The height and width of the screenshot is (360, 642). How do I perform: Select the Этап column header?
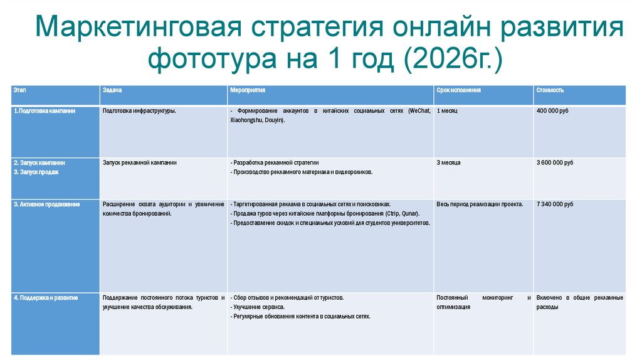tap(19, 90)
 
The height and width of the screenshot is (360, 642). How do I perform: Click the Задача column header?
tap(113, 90)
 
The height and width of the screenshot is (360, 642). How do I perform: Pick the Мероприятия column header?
tap(247, 90)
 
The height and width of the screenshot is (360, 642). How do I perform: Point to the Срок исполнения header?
tap(458, 90)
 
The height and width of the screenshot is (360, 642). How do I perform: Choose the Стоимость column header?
tap(550, 90)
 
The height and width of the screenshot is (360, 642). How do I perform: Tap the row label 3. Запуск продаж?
tap(36, 172)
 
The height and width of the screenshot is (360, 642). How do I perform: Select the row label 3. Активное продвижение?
tap(46, 204)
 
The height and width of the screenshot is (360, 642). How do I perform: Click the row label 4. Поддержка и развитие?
tap(46, 297)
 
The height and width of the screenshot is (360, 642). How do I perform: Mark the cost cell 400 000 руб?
tap(552, 110)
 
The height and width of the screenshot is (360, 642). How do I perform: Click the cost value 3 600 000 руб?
tap(555, 162)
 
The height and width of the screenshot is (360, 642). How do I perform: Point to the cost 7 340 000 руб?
tap(555, 204)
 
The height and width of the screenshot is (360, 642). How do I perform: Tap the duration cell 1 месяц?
tap(448, 110)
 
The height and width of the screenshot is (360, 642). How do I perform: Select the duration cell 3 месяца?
tap(449, 162)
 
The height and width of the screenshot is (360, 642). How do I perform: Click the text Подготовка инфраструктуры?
tap(139, 110)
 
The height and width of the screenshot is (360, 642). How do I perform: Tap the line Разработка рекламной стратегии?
tap(278, 162)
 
